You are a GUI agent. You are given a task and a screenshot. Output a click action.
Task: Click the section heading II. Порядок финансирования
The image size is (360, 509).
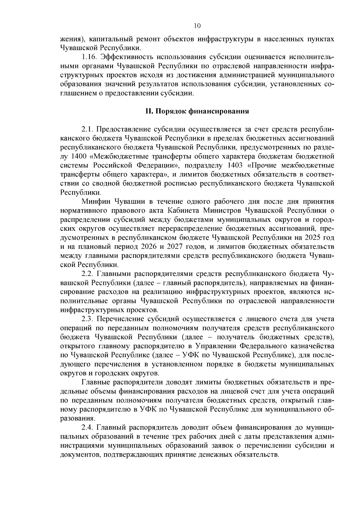pyautogui.click(x=197, y=111)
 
